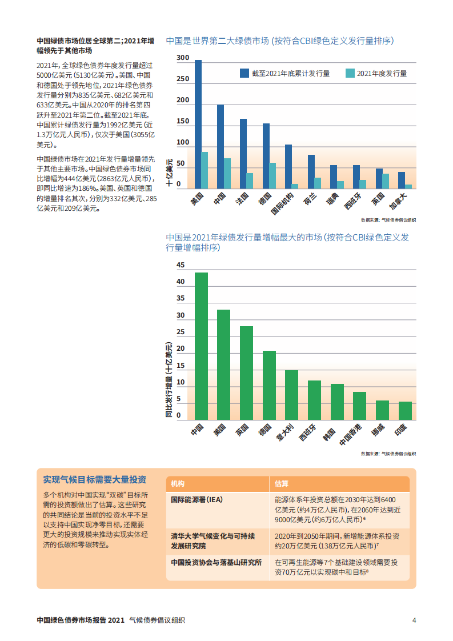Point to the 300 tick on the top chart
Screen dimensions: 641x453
(x=183, y=58)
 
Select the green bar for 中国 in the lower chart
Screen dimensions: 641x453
(x=201, y=346)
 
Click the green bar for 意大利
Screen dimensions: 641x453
(x=291, y=395)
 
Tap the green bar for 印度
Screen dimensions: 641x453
(x=405, y=410)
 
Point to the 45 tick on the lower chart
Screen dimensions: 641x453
(x=181, y=266)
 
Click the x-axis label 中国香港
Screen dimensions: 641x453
(x=351, y=435)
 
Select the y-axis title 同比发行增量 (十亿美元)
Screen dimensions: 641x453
(x=169, y=380)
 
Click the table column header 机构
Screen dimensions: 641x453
(x=178, y=484)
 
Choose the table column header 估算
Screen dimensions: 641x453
(x=281, y=484)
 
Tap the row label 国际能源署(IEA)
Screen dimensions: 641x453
(x=197, y=499)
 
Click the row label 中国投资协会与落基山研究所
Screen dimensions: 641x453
(x=216, y=562)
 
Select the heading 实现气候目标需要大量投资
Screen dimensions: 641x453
(x=94, y=479)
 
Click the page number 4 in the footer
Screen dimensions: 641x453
(x=414, y=620)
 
